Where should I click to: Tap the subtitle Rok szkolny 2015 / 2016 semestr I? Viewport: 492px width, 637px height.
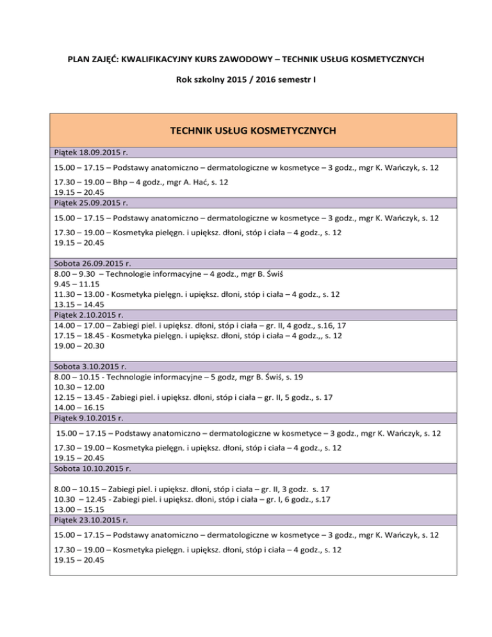coord(245,82)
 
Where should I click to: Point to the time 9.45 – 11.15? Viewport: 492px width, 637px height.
coord(74,284)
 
